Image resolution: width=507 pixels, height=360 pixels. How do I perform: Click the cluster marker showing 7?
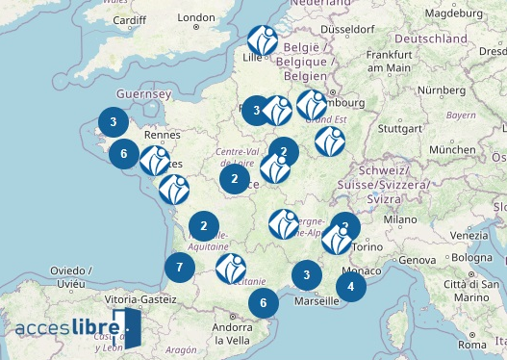pyautogui.click(x=180, y=268)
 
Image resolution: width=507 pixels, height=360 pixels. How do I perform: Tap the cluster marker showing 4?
pyautogui.click(x=351, y=286)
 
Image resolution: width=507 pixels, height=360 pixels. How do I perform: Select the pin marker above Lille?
pyautogui.click(x=263, y=40)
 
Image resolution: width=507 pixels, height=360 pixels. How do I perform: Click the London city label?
pyautogui.click(x=195, y=16)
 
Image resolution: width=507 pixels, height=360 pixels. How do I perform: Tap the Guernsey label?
pyautogui.click(x=142, y=94)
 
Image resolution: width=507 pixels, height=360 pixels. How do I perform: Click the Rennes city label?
pyautogui.click(x=163, y=135)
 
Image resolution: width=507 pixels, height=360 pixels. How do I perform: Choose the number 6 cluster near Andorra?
pyautogui.click(x=264, y=302)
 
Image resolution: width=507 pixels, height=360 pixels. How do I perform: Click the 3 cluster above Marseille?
pyautogui.click(x=307, y=275)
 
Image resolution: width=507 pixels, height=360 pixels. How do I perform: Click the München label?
pyautogui.click(x=452, y=150)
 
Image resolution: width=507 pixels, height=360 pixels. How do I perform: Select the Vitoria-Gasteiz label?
pyautogui.click(x=141, y=300)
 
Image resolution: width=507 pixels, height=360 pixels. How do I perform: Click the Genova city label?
pyautogui.click(x=418, y=260)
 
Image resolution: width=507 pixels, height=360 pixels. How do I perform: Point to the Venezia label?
pyautogui.click(x=469, y=235)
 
